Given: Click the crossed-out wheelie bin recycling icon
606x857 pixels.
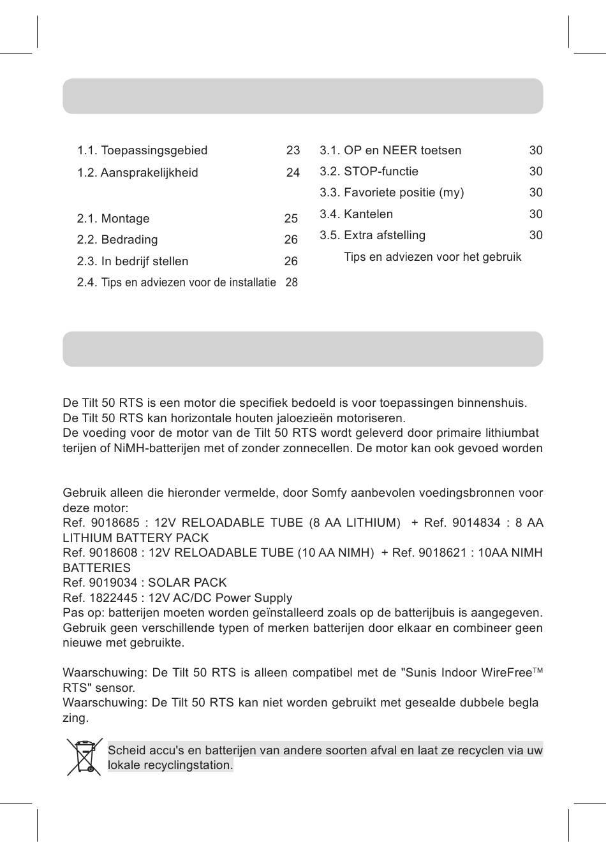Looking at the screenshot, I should (84, 757).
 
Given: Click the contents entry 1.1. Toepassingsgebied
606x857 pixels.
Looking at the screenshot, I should (142, 150).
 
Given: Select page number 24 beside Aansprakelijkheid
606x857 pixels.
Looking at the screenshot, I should (293, 173).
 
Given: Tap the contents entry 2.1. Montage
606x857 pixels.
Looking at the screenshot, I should (113, 219).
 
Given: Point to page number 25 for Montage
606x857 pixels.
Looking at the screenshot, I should (291, 219).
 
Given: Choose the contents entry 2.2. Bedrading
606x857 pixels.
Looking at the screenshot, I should (117, 240).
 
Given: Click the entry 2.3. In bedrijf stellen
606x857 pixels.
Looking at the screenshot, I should (133, 261).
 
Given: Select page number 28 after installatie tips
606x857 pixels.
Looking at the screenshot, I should (292, 282).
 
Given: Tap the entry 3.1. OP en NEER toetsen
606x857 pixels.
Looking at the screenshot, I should (390, 150).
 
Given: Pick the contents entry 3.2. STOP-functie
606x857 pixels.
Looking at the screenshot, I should (369, 172).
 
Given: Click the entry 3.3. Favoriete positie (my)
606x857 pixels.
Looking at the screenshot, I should (392, 193).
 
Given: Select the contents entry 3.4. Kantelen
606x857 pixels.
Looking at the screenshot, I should (356, 214).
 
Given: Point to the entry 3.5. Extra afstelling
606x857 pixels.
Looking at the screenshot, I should (373, 235).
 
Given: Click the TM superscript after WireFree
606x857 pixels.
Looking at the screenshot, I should (537, 671).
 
